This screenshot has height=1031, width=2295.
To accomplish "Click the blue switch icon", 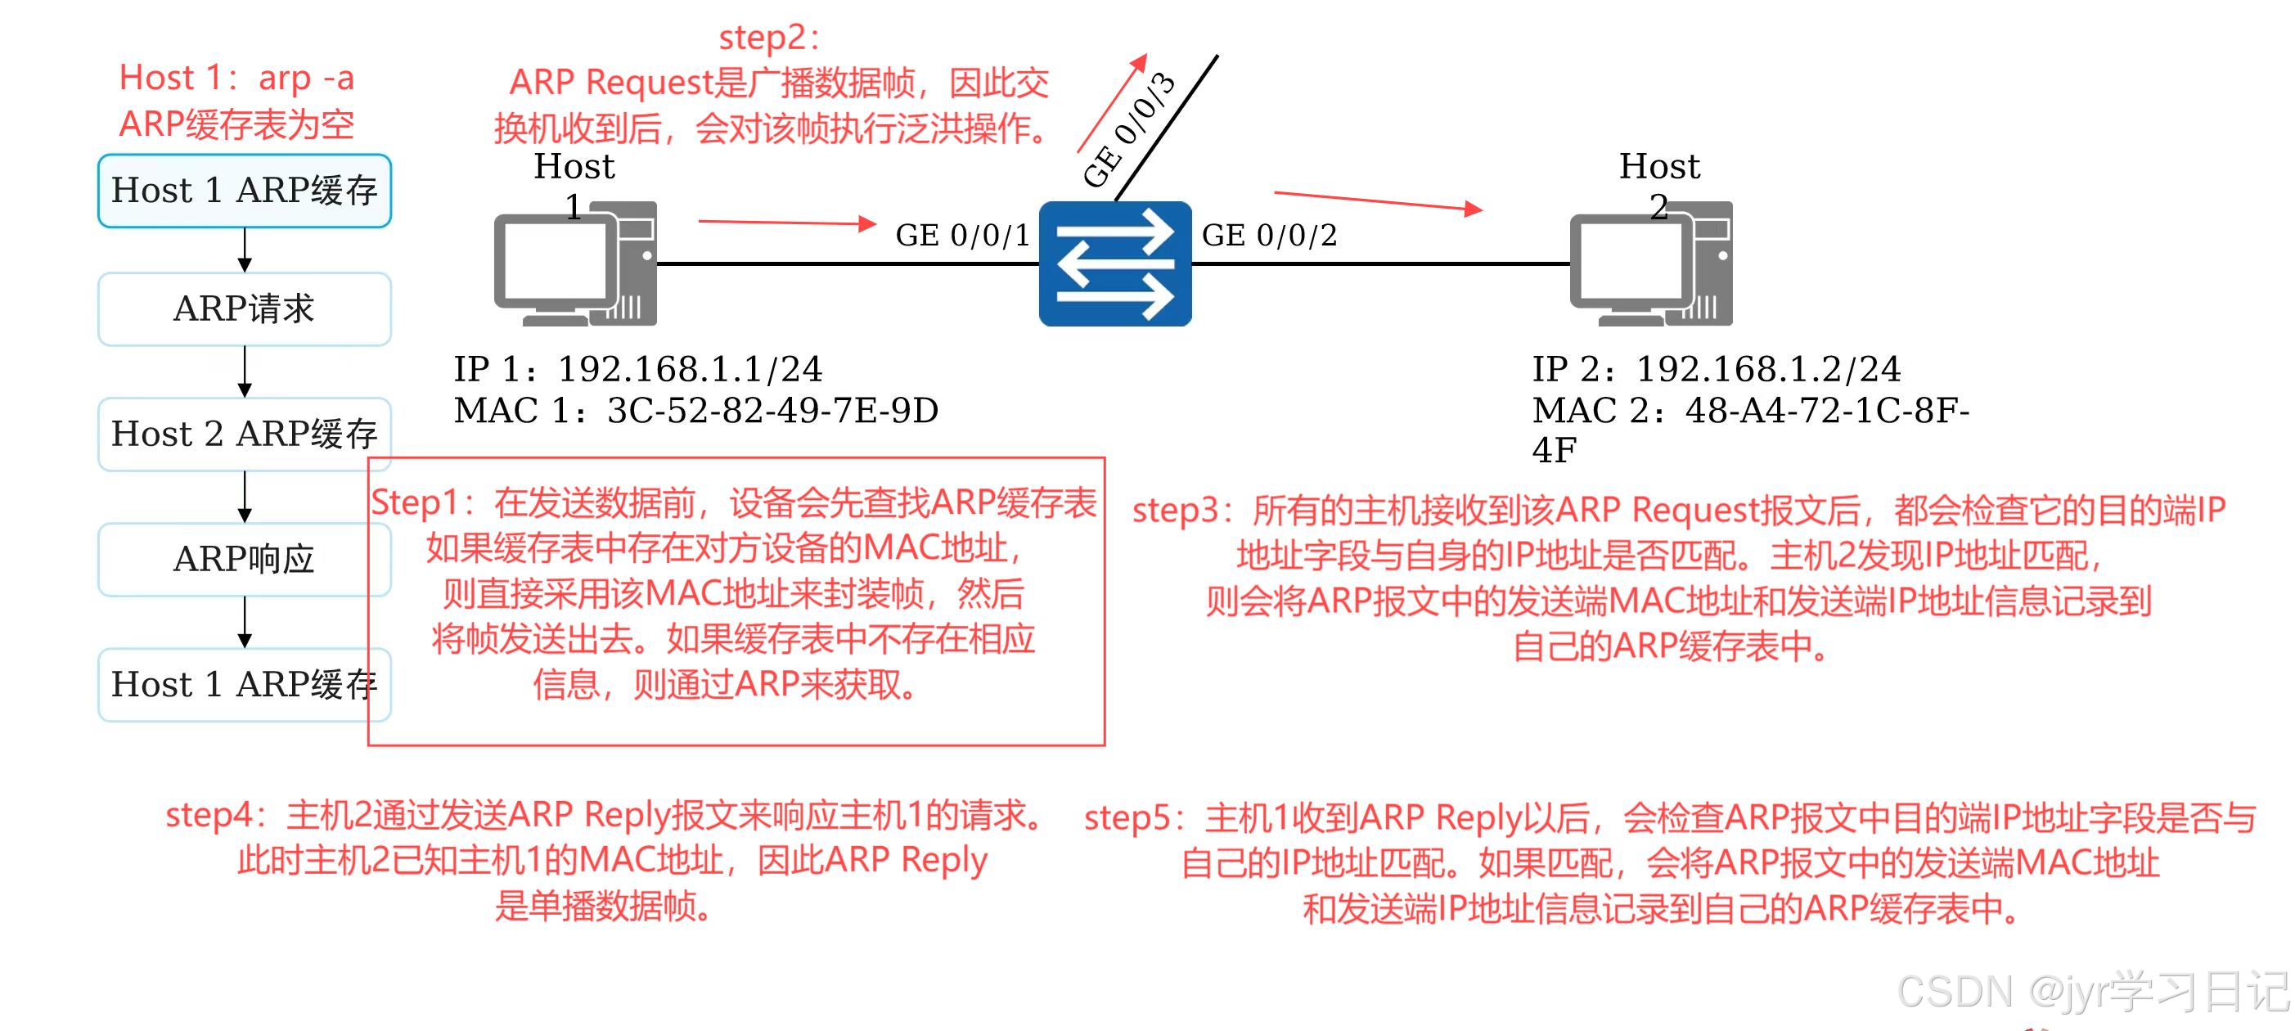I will tap(1114, 263).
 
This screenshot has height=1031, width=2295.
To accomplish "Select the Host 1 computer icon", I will tap(575, 264).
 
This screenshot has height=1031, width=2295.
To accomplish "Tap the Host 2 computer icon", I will tap(1651, 264).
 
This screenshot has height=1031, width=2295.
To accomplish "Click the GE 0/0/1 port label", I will tap(962, 236).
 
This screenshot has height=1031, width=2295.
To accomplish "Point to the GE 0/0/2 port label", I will tap(1270, 236).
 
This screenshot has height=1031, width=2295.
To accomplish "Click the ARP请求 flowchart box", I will tap(244, 309).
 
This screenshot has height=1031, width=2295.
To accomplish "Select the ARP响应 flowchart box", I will tap(244, 560).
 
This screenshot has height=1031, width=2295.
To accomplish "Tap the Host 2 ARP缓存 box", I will tap(244, 434).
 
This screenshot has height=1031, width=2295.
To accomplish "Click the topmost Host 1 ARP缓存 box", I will tap(244, 191).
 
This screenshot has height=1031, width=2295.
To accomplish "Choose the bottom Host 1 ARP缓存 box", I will tap(244, 684).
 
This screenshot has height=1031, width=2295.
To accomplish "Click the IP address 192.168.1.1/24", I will tap(690, 369).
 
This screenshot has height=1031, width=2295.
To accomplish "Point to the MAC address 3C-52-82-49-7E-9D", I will tap(772, 411).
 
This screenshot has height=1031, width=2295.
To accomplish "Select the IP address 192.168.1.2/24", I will tap(1767, 369).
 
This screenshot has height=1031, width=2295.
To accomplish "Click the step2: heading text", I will tap(769, 38).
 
